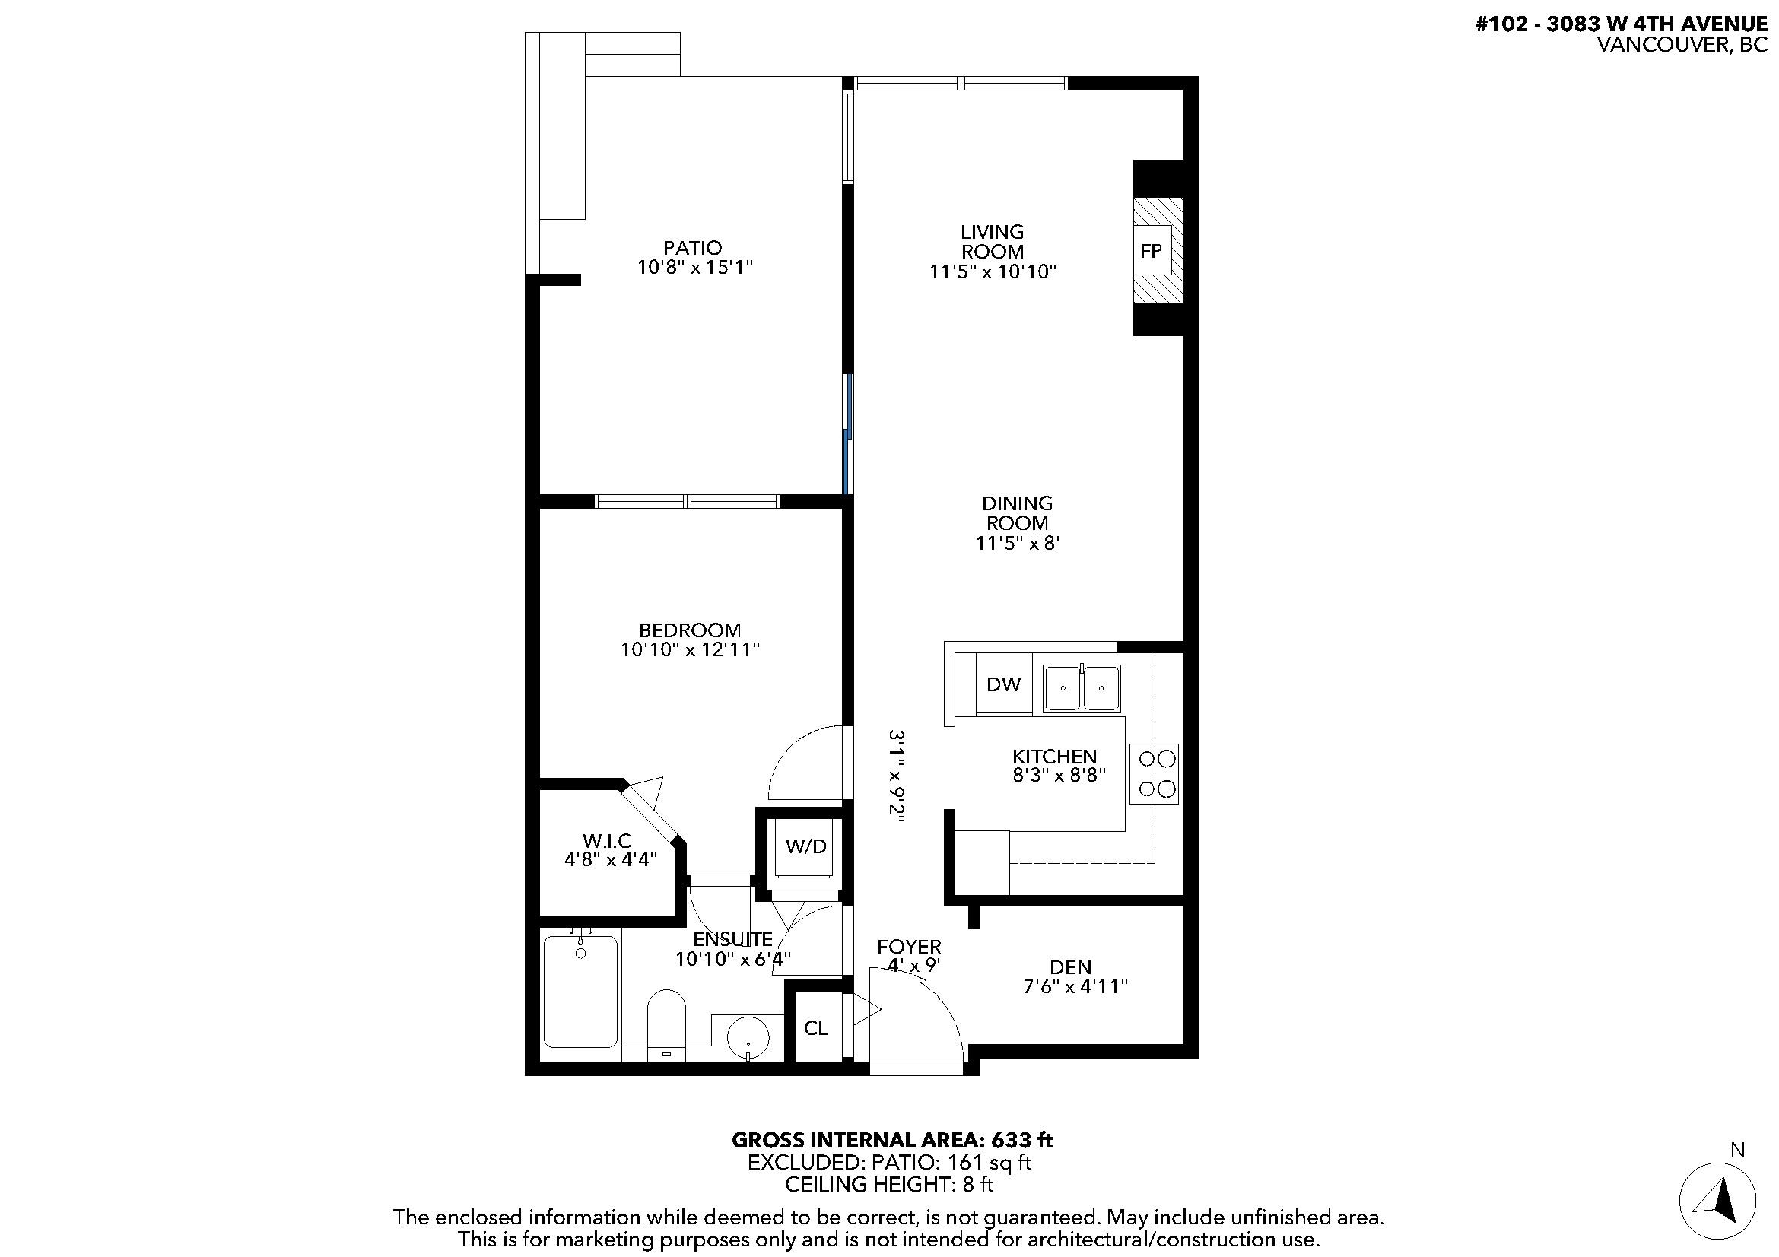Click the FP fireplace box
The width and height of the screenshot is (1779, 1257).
coord(1152,251)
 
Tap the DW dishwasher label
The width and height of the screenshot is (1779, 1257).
coord(1003,684)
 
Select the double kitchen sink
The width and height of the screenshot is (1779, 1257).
coord(1082,687)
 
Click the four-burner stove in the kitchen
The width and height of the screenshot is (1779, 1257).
coord(1154,773)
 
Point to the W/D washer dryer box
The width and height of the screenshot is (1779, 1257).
coord(805,846)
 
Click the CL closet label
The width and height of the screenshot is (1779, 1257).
coord(815,1028)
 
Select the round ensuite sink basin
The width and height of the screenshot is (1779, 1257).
coord(748,1036)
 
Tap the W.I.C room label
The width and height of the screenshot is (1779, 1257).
coord(607,840)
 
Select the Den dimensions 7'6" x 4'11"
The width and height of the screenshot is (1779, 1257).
coord(1075,987)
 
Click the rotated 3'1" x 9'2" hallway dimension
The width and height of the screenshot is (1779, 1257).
coord(897,776)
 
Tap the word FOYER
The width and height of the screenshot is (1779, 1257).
coord(909,947)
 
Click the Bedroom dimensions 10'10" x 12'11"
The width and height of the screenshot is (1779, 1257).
coord(690,650)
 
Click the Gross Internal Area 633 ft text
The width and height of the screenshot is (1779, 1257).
coord(892,1140)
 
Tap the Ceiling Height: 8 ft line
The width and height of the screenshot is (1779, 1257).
coord(888,1184)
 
